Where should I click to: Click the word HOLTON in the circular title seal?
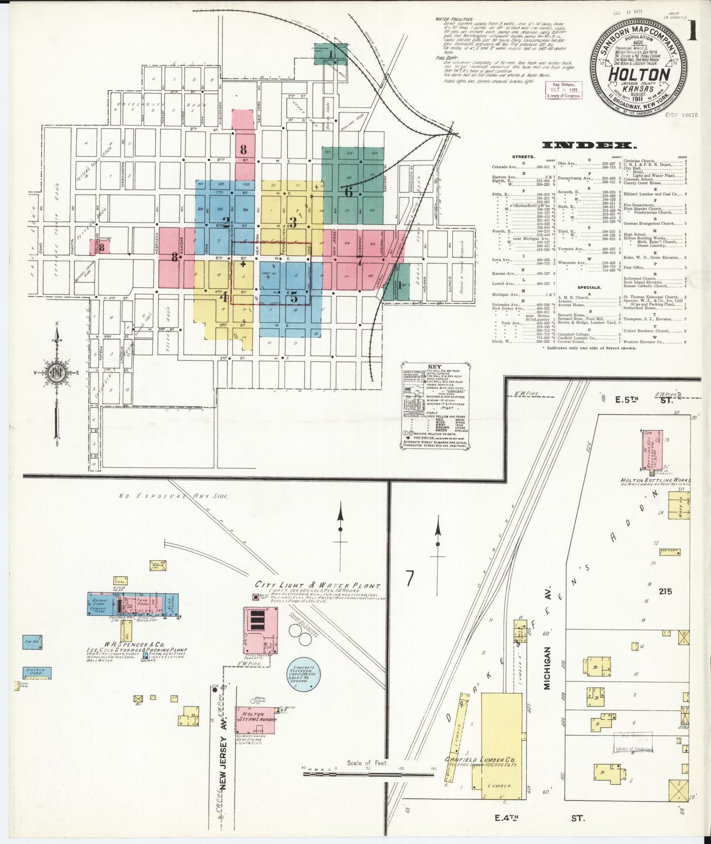coord(639,74)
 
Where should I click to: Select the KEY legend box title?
coord(434,366)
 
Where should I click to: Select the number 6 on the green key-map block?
coord(348,193)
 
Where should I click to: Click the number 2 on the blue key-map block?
coord(225,221)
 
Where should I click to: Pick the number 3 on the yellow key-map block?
coord(292,222)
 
